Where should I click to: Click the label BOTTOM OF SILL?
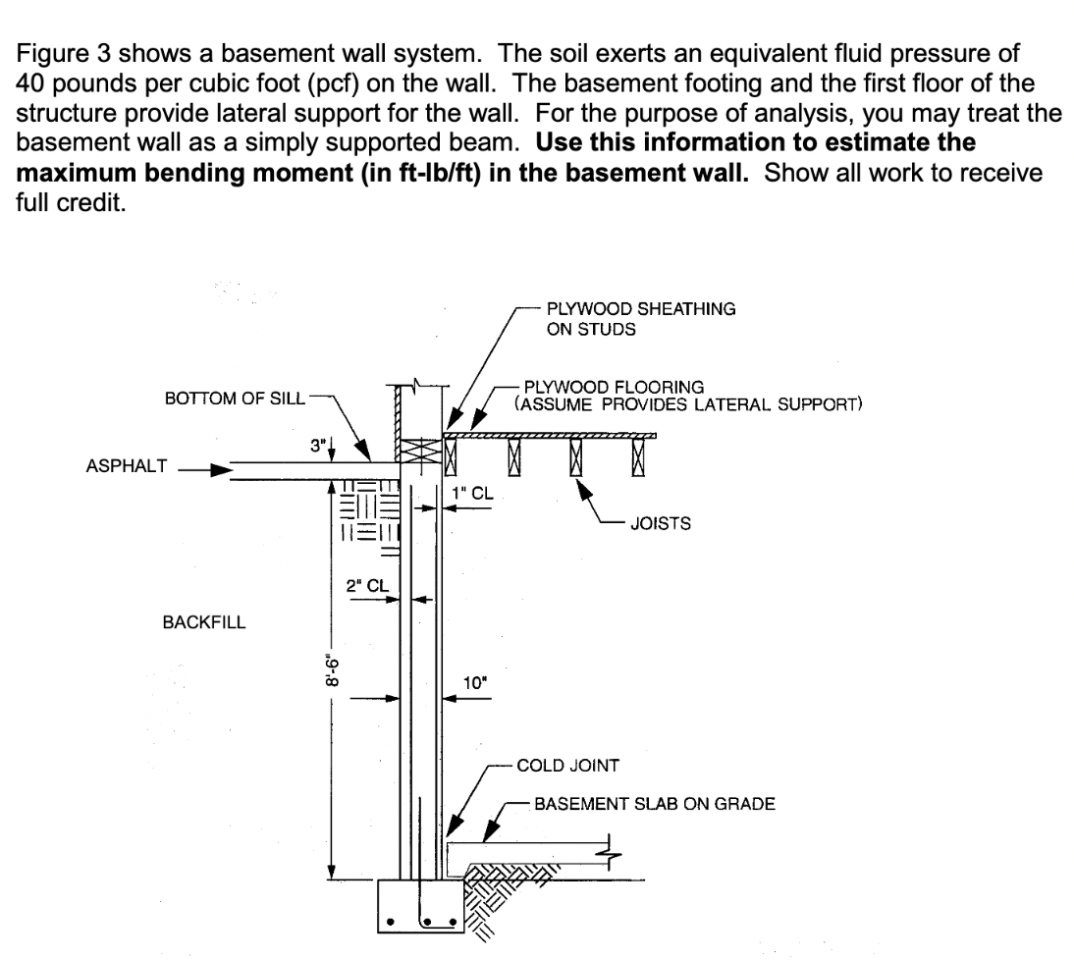tap(235, 399)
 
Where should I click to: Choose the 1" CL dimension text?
tap(483, 493)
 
